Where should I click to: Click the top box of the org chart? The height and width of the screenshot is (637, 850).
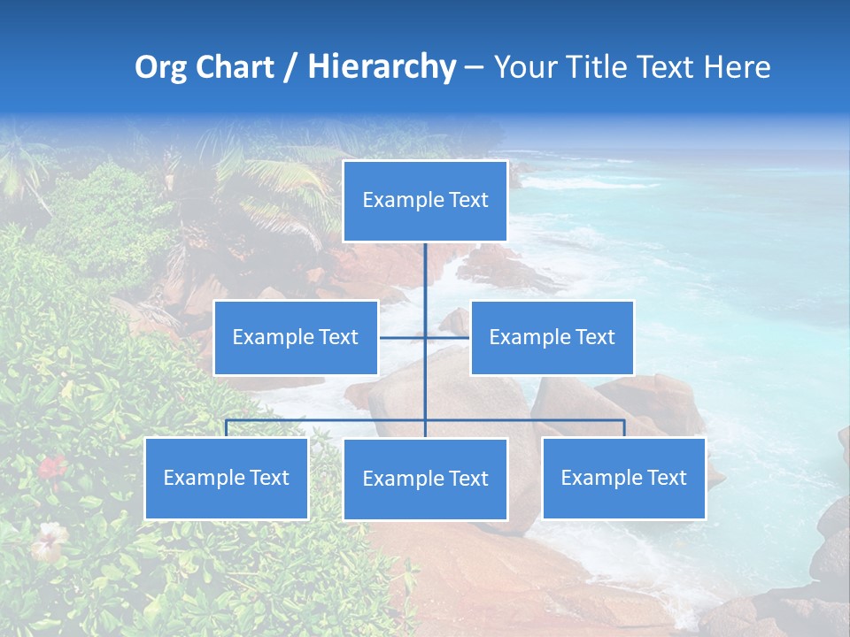[x=425, y=201]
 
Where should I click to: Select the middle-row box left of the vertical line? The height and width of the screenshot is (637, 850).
[x=296, y=337]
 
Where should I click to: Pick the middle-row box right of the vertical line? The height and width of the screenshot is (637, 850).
[x=552, y=337]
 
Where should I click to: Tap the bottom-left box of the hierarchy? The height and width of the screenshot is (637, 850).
[x=227, y=478]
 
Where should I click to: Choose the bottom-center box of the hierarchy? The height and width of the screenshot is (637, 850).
[x=425, y=479]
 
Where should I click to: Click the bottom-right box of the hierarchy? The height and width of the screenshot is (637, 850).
[x=623, y=478]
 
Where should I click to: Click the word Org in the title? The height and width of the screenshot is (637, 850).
[x=159, y=67]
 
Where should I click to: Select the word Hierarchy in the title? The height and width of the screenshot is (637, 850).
[x=382, y=67]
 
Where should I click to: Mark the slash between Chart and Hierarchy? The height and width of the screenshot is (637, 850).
[x=291, y=67]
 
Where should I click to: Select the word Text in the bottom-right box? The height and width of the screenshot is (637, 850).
[x=666, y=478]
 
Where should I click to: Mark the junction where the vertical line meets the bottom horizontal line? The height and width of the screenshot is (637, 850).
[x=425, y=420]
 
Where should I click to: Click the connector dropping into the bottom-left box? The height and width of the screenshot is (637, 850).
[x=227, y=429]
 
